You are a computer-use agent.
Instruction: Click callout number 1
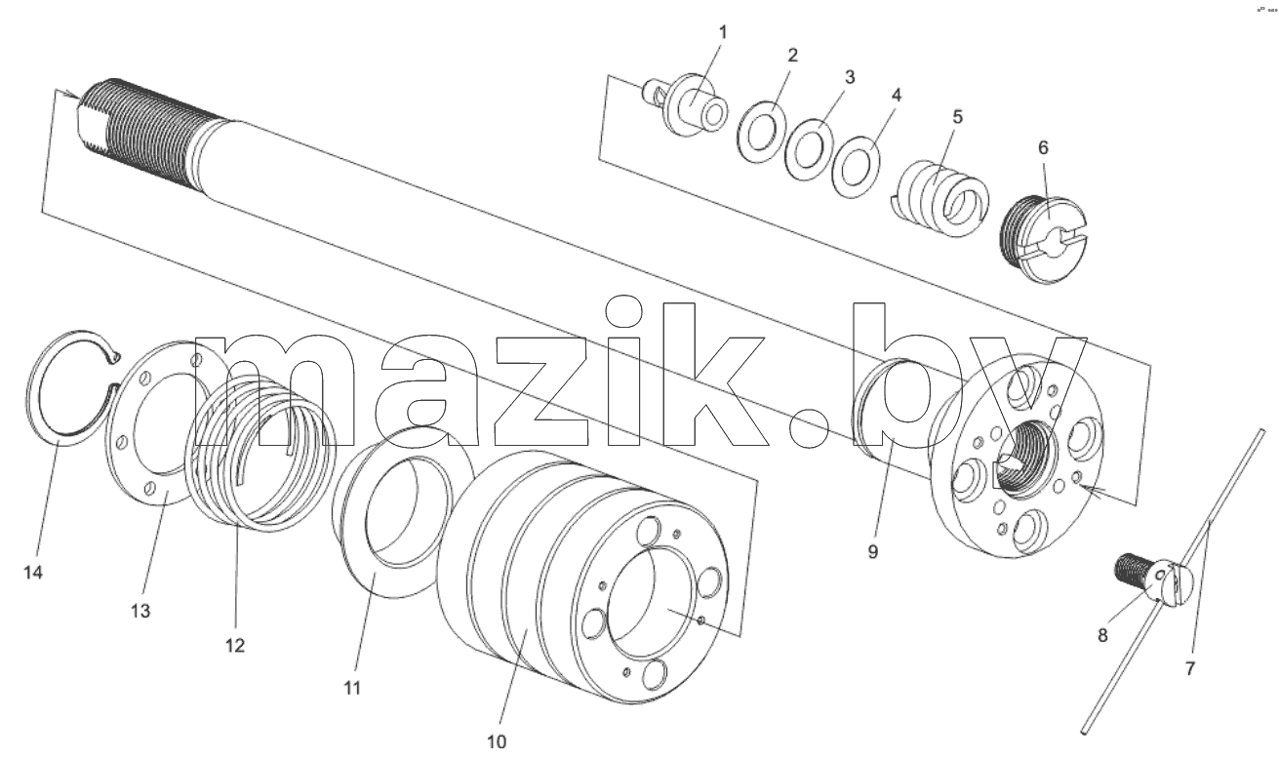tap(723, 32)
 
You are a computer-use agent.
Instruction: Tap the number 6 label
tap(1043, 148)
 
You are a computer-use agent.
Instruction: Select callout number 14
tap(33, 572)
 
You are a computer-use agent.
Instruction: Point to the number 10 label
tap(497, 742)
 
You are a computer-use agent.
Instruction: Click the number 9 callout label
tap(872, 552)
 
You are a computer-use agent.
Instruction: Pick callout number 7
tap(1190, 668)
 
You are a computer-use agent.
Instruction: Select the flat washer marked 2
tap(761, 132)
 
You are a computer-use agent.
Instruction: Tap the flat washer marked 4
tap(856, 167)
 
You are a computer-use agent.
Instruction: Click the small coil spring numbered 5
tap(941, 199)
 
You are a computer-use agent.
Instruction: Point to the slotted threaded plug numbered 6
tap(1045, 240)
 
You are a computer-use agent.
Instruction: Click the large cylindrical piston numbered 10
tap(582, 577)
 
